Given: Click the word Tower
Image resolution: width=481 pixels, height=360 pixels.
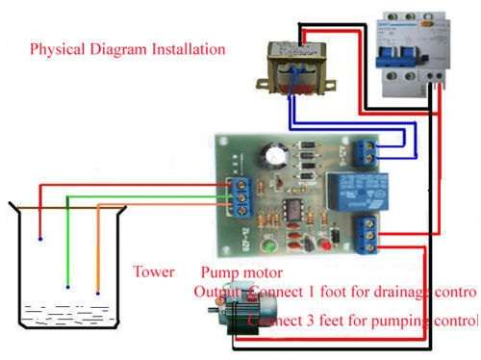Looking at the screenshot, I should (x=154, y=271).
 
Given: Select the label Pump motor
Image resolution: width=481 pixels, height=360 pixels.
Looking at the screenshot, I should (x=236, y=273).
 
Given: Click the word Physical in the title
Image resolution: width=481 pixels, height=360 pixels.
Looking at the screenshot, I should (x=57, y=48).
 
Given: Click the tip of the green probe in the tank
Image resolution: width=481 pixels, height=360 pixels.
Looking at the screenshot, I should (x=68, y=286).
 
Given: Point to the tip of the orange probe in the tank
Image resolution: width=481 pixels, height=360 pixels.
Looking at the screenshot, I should (x=98, y=292).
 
